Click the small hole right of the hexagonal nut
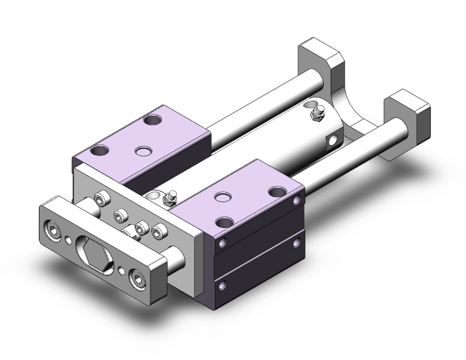click(x=121, y=271)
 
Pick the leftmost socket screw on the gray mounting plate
click(x=99, y=198)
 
